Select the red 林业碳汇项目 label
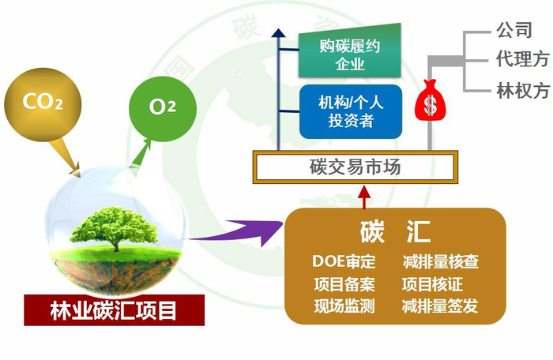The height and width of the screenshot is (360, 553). click(x=114, y=309)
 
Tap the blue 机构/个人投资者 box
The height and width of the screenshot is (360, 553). click(x=351, y=111)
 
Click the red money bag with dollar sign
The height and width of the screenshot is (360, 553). click(x=430, y=100)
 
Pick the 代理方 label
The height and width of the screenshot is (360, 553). click(x=520, y=60)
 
